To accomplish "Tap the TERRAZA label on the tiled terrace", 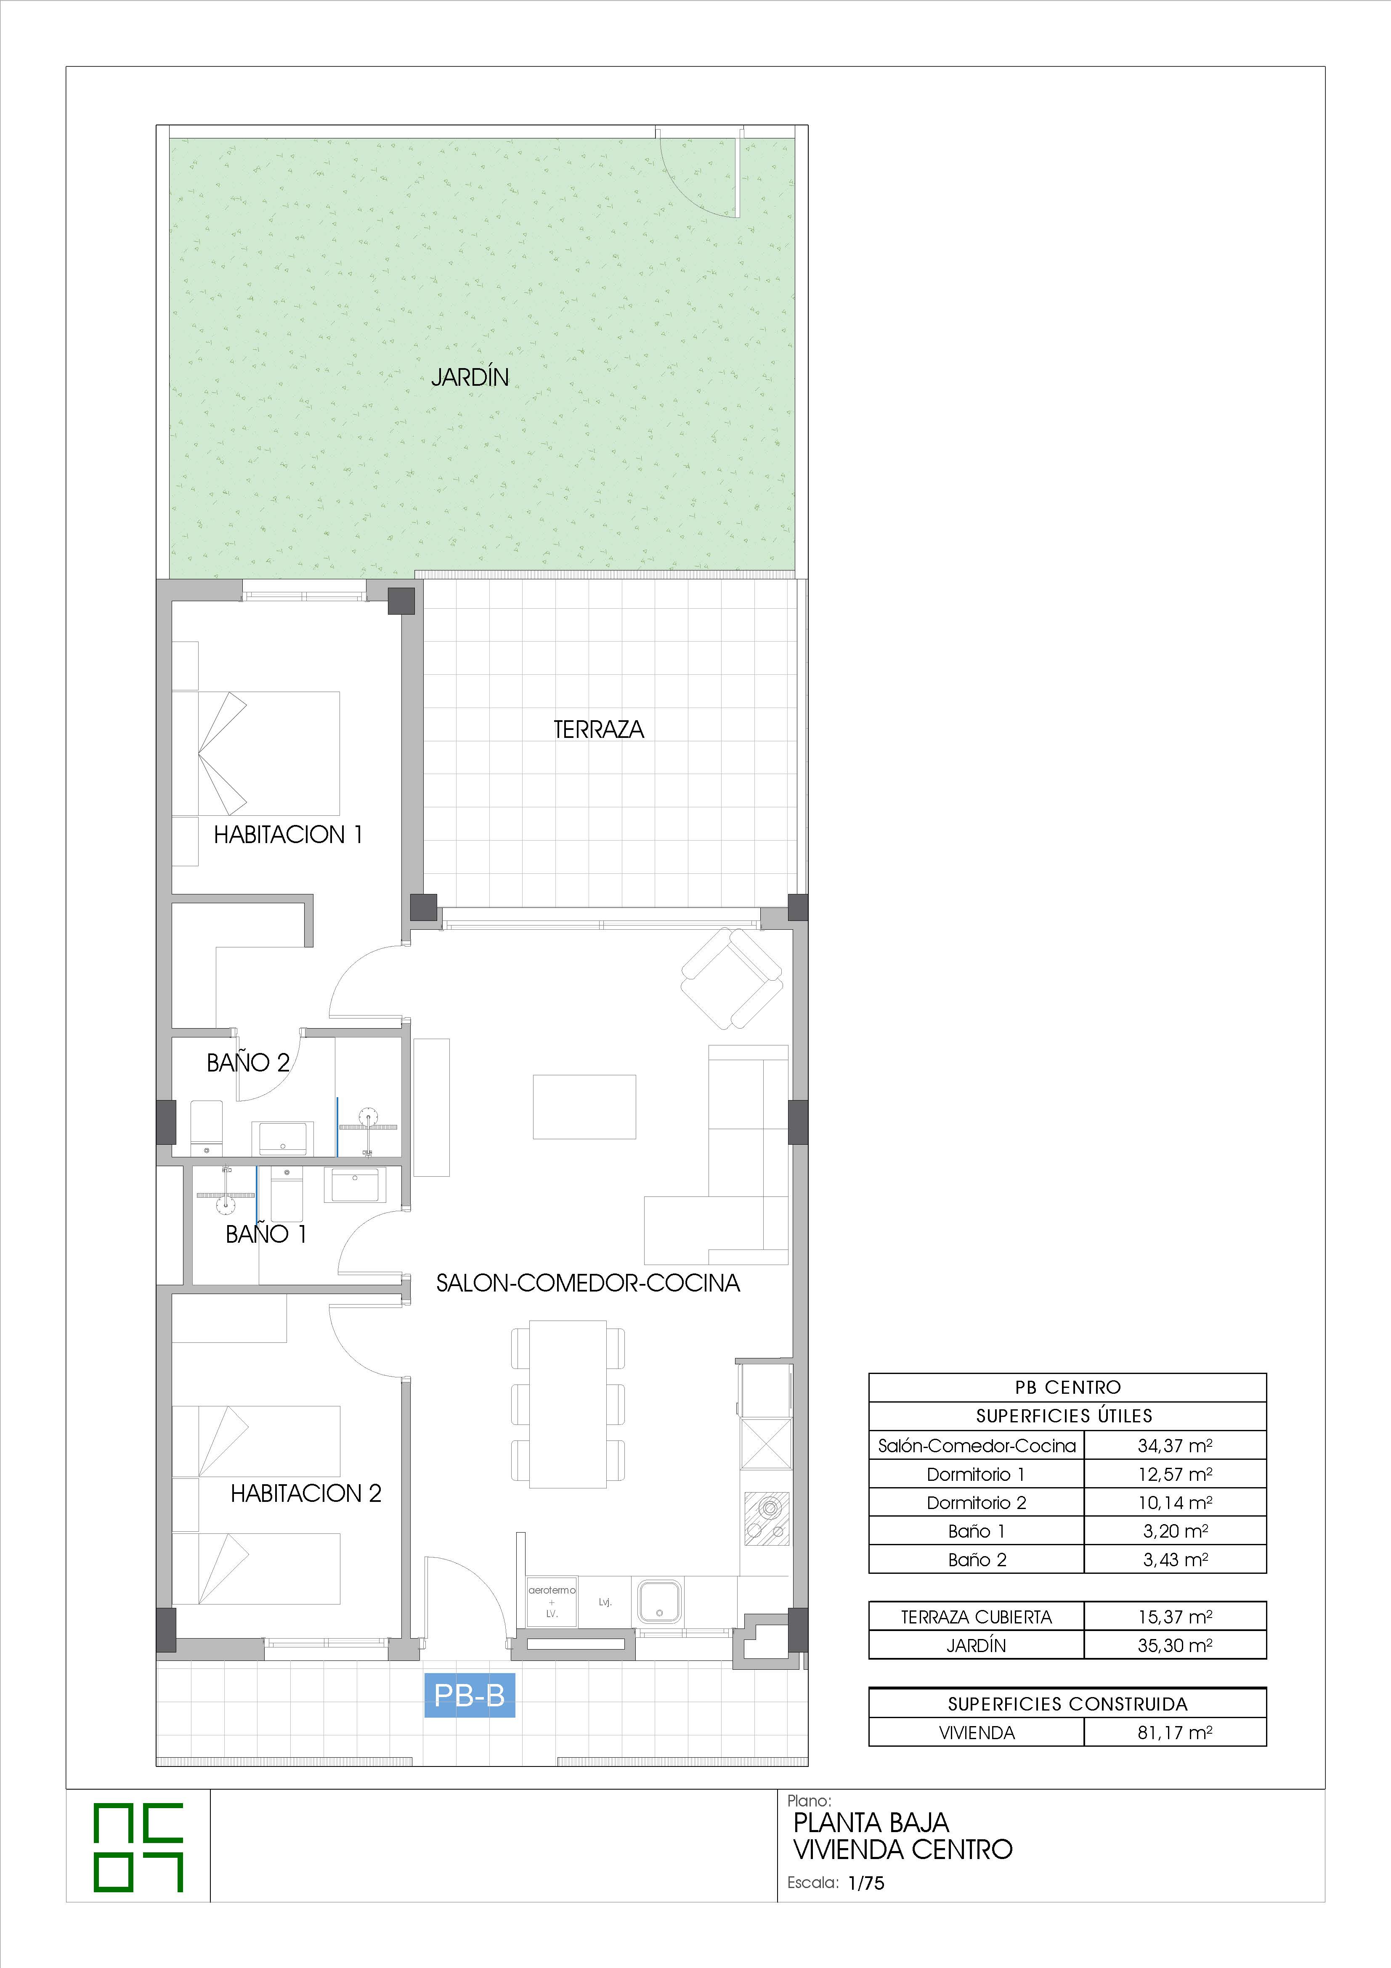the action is (598, 729).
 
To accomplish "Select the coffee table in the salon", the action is (584, 1106).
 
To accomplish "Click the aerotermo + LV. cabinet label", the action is (552, 1601).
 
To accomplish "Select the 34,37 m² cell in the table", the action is (1175, 1445).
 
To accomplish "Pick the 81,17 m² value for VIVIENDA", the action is (1175, 1732).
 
